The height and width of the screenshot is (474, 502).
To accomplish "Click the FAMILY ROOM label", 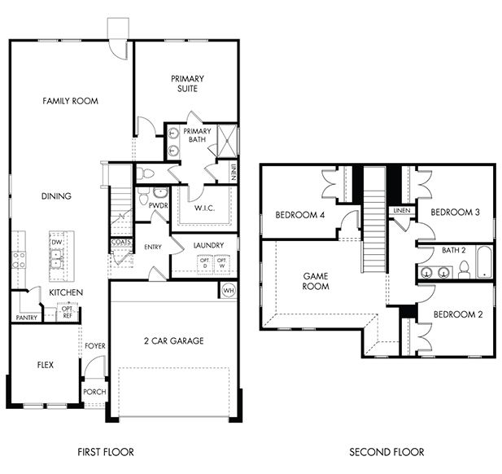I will (x=70, y=101).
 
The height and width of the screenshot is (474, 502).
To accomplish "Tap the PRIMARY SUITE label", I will (x=187, y=84).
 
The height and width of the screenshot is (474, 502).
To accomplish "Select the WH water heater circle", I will (x=228, y=290).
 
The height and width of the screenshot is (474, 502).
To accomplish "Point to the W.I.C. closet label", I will (x=203, y=207).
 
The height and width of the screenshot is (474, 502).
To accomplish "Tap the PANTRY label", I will (x=26, y=318).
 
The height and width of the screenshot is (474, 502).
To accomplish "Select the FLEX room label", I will (x=45, y=365).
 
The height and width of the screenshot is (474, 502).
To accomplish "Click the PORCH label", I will (x=94, y=392).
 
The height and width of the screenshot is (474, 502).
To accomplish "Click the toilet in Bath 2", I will (x=464, y=270).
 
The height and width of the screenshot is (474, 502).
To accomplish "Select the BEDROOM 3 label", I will (x=455, y=213).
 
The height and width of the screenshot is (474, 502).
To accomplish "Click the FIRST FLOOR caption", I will (x=106, y=452).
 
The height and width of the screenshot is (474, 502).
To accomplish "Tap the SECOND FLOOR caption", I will (x=386, y=452).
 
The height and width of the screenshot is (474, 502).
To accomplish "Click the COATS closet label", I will (x=121, y=242).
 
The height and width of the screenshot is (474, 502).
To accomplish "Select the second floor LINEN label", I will (x=402, y=211).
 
